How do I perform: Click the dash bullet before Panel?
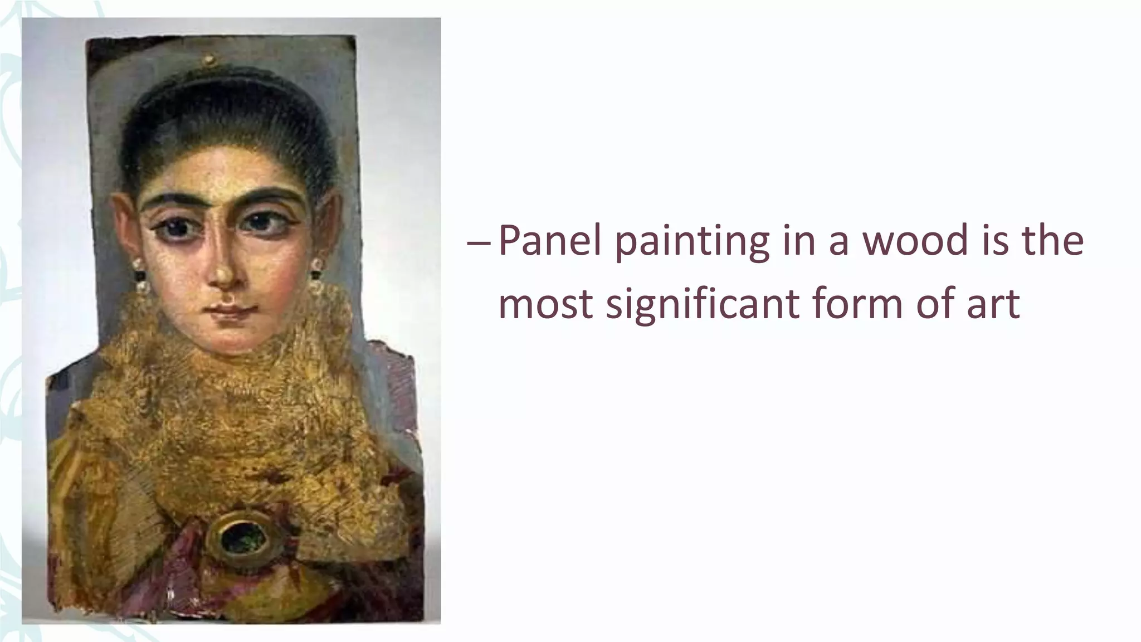coord(479,242)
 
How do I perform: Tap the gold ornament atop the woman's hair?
coord(209,59)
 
